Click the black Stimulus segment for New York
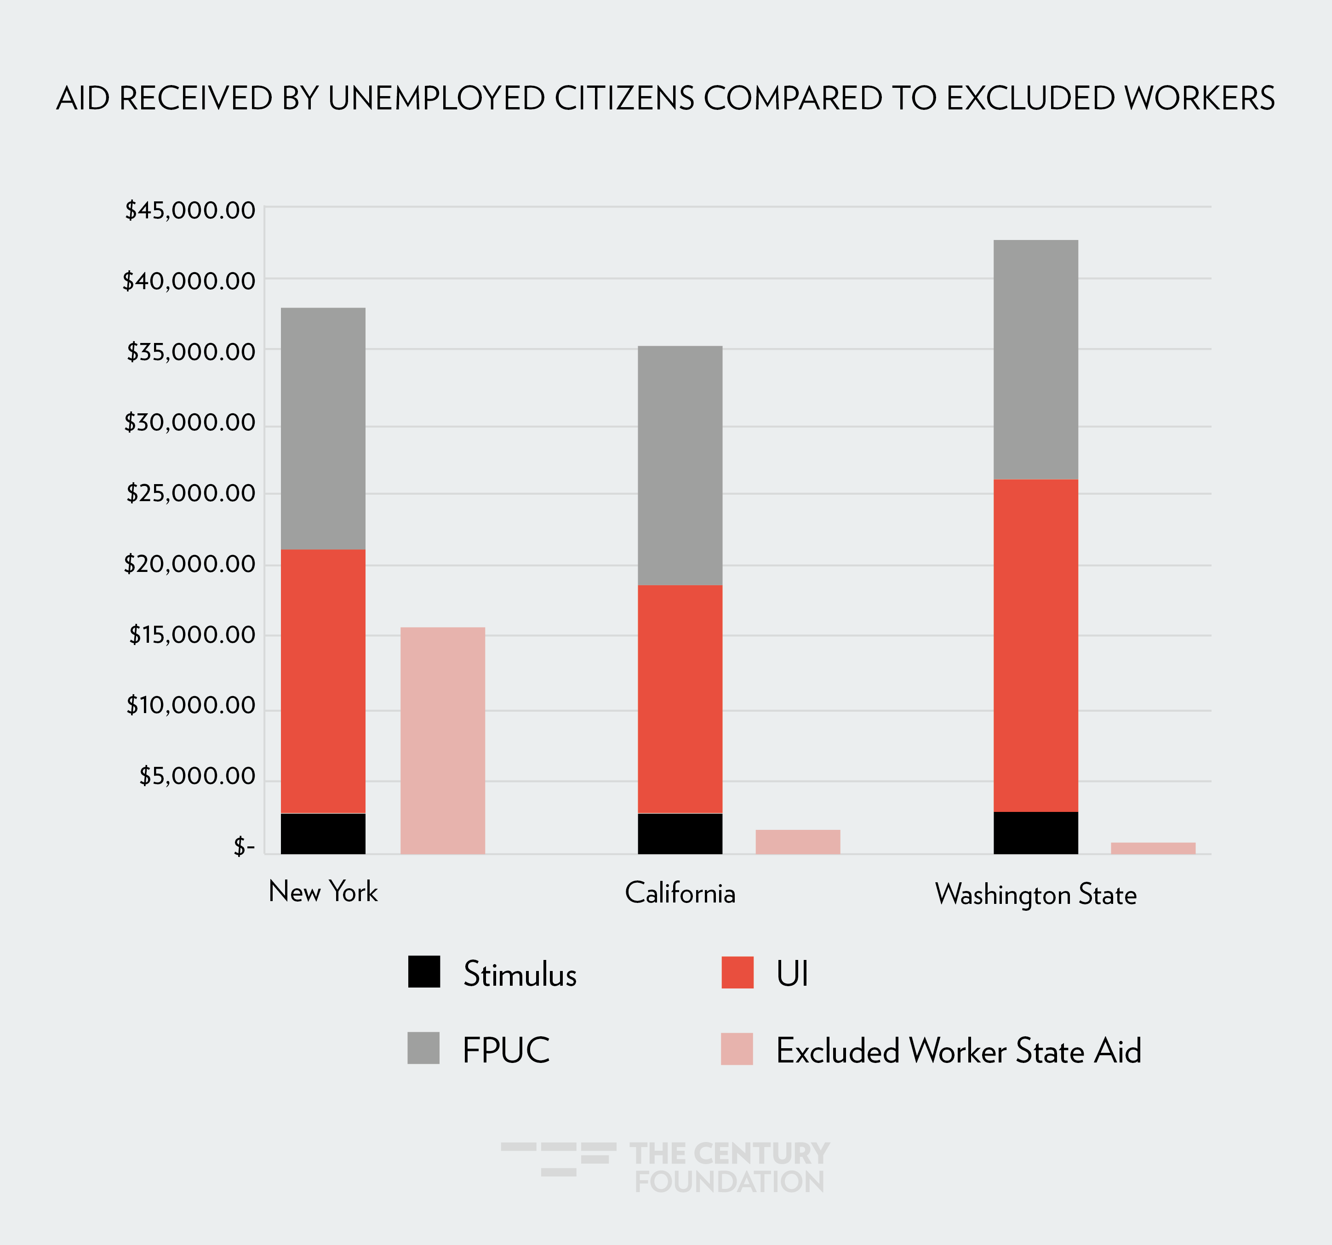[323, 833]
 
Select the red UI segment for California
[680, 699]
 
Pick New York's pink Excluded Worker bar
[442, 741]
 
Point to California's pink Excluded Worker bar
[797, 842]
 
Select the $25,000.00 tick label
[190, 493]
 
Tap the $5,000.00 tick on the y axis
[197, 776]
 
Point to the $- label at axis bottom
[244, 847]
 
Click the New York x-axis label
[323, 892]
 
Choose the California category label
[680, 893]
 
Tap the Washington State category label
[1036, 895]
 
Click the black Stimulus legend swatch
[424, 971]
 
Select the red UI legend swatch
[737, 971]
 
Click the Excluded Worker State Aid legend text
[958, 1051]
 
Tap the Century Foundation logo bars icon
[558, 1159]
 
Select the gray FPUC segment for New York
[323, 429]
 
